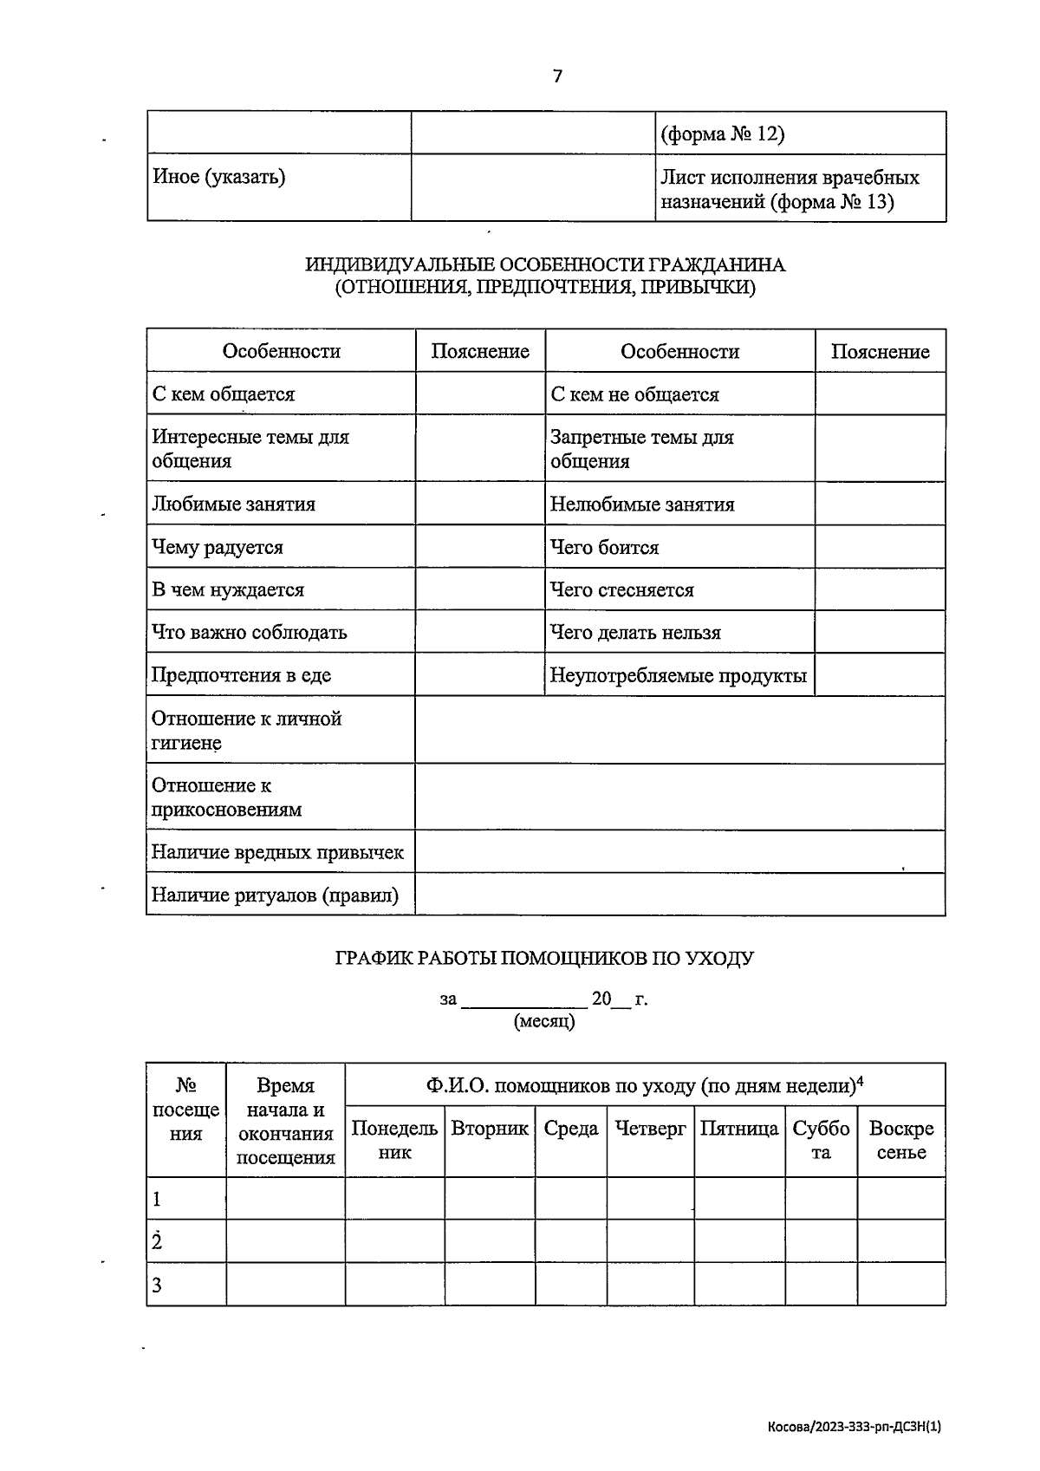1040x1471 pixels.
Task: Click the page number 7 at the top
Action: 557,76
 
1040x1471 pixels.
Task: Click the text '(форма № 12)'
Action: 722,134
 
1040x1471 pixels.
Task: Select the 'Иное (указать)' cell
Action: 219,177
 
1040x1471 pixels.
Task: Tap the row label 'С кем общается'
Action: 224,394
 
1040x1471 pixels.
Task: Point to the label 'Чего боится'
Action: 604,548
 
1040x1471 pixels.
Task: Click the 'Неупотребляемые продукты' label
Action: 678,675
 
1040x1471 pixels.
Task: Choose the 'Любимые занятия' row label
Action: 233,504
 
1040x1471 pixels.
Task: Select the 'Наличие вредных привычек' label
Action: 277,852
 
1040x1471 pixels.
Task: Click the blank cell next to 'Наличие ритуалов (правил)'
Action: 679,895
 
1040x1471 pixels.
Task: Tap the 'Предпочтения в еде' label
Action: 241,675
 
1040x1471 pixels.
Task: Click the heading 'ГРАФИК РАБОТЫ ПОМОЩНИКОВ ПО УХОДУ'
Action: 544,959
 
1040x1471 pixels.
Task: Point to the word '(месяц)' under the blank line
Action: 544,1021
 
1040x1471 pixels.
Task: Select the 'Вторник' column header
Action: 490,1129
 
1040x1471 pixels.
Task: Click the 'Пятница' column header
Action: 739,1129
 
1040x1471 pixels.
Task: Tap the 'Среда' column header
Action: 571,1129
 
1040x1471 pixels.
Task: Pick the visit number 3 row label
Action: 157,1285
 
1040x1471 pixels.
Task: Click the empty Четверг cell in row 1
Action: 650,1199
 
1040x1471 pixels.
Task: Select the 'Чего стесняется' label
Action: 621,590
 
